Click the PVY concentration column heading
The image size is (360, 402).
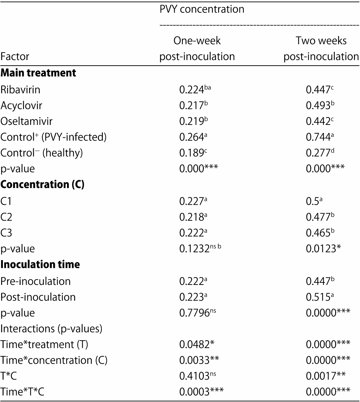click(x=202, y=9)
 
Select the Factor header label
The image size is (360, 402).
click(x=15, y=56)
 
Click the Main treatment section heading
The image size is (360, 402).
click(x=38, y=73)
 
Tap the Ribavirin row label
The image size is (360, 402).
click(x=20, y=90)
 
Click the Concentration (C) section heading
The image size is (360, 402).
click(x=42, y=185)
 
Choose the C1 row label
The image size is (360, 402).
click(x=7, y=201)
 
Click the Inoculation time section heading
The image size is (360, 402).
click(x=40, y=264)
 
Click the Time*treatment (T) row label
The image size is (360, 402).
click(x=41, y=344)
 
